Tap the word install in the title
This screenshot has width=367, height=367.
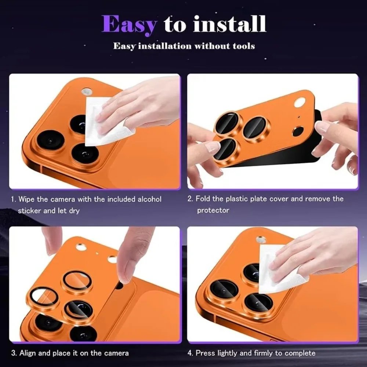click(230, 24)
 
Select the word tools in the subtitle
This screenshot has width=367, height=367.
click(243, 46)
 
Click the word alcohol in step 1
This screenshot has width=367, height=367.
click(149, 199)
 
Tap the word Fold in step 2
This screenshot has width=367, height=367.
click(203, 199)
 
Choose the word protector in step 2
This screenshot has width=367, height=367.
click(213, 210)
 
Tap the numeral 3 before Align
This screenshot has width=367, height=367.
click(13, 353)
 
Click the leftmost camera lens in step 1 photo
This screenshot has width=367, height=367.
click(50, 141)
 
